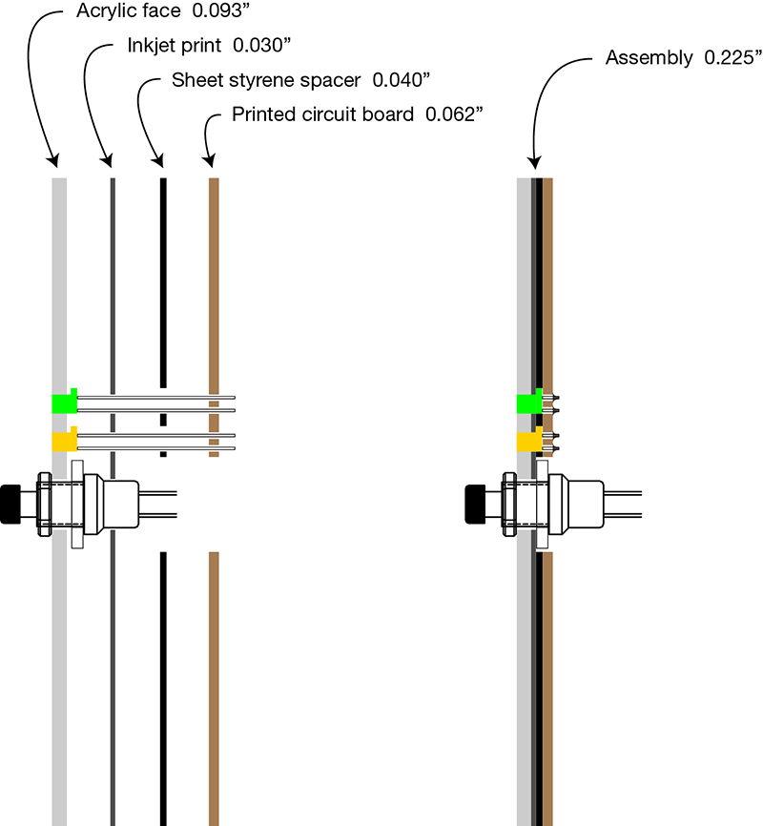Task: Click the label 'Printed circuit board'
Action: (x=322, y=114)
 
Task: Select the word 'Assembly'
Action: (x=649, y=58)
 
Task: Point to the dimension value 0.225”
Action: (x=732, y=58)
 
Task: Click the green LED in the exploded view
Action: (x=64, y=403)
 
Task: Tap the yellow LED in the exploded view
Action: (x=64, y=441)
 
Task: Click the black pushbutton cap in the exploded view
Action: (x=10, y=504)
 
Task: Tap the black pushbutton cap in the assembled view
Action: (x=475, y=504)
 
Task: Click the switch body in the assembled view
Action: (x=578, y=504)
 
